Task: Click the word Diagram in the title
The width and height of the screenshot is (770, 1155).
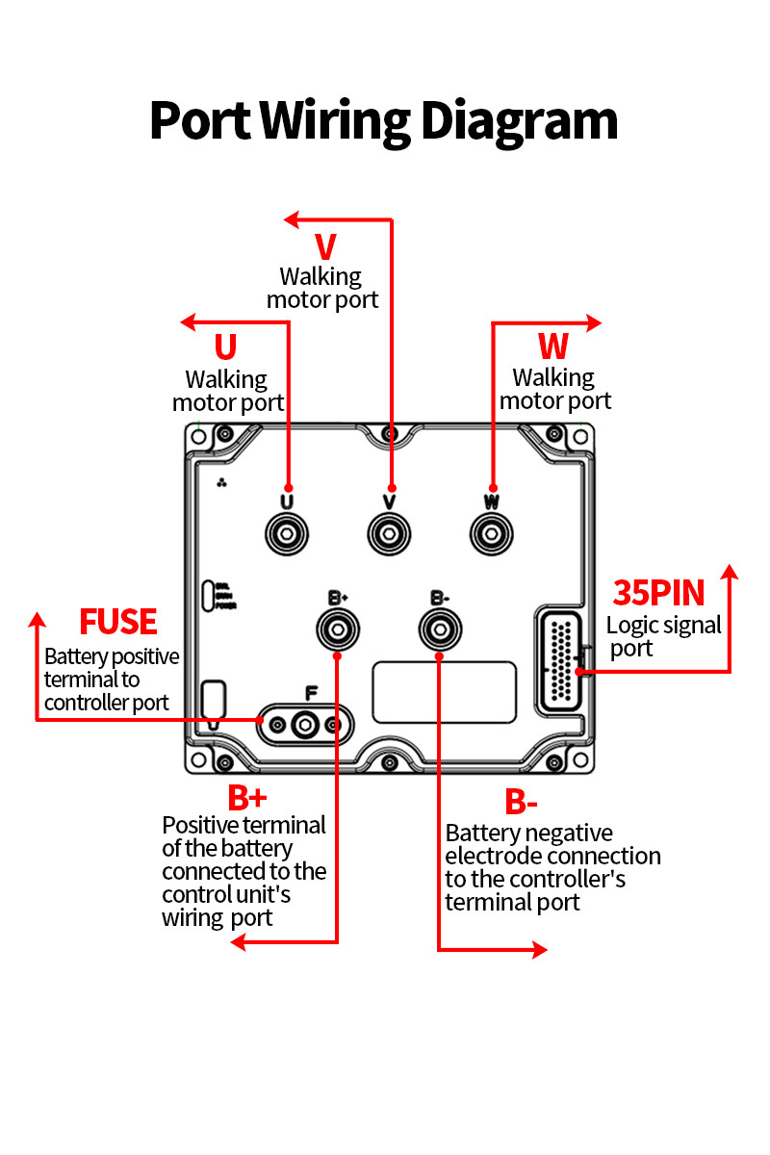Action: tap(519, 123)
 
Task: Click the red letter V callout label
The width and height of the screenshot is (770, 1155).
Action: tap(325, 247)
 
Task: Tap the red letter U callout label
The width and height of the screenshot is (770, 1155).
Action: tap(225, 347)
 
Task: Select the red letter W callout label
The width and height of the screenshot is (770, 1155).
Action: tap(552, 346)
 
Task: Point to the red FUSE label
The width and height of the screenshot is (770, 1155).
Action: tap(117, 622)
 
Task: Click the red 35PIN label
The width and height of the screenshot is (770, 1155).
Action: tap(659, 592)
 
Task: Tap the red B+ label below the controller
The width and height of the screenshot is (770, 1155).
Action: tap(247, 798)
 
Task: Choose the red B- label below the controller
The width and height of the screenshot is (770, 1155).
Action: tap(521, 801)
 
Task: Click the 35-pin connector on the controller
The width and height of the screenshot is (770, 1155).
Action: tap(560, 661)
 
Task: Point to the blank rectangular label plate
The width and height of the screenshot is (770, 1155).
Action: tap(444, 691)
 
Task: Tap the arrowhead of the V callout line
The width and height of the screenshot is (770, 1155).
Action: tap(291, 219)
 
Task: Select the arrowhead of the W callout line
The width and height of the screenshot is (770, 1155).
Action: tap(596, 322)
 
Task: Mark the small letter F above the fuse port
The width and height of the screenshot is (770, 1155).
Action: tap(311, 693)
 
